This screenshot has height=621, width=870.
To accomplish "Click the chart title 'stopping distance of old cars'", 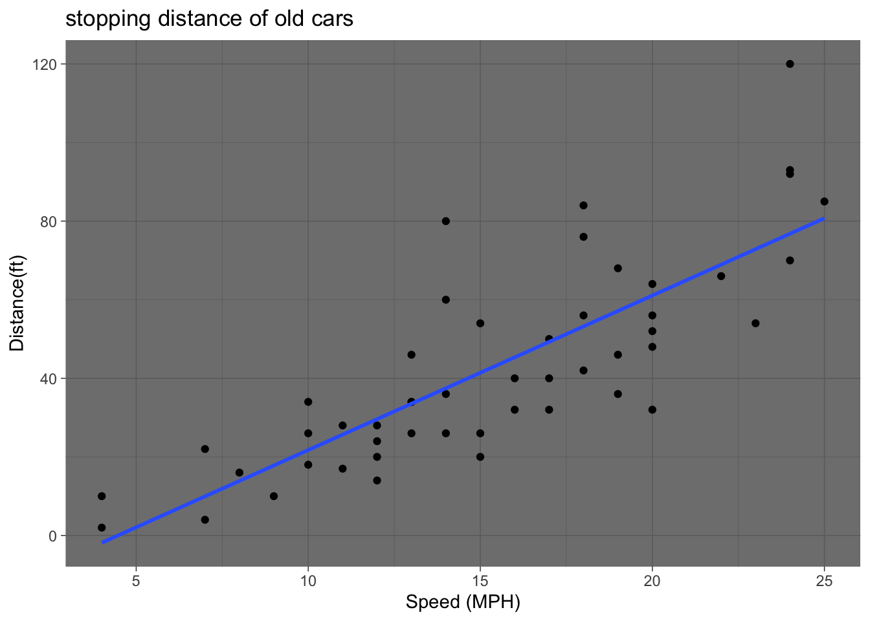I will [x=209, y=19].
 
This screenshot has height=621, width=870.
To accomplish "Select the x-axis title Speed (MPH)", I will [x=463, y=602].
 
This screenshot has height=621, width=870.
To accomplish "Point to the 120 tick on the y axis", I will [x=50, y=64].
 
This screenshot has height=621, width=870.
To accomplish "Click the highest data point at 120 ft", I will [x=790, y=64].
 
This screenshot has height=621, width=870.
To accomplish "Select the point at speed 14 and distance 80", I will [x=445, y=221].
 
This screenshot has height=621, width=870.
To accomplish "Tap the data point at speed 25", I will [x=824, y=201].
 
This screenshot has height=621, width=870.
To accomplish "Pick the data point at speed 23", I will [x=755, y=323].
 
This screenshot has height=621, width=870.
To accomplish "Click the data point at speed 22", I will [x=721, y=276].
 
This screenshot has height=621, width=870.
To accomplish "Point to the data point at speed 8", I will [x=240, y=473].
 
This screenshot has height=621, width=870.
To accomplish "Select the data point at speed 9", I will [x=274, y=496].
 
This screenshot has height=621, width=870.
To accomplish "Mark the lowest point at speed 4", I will [x=102, y=528].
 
